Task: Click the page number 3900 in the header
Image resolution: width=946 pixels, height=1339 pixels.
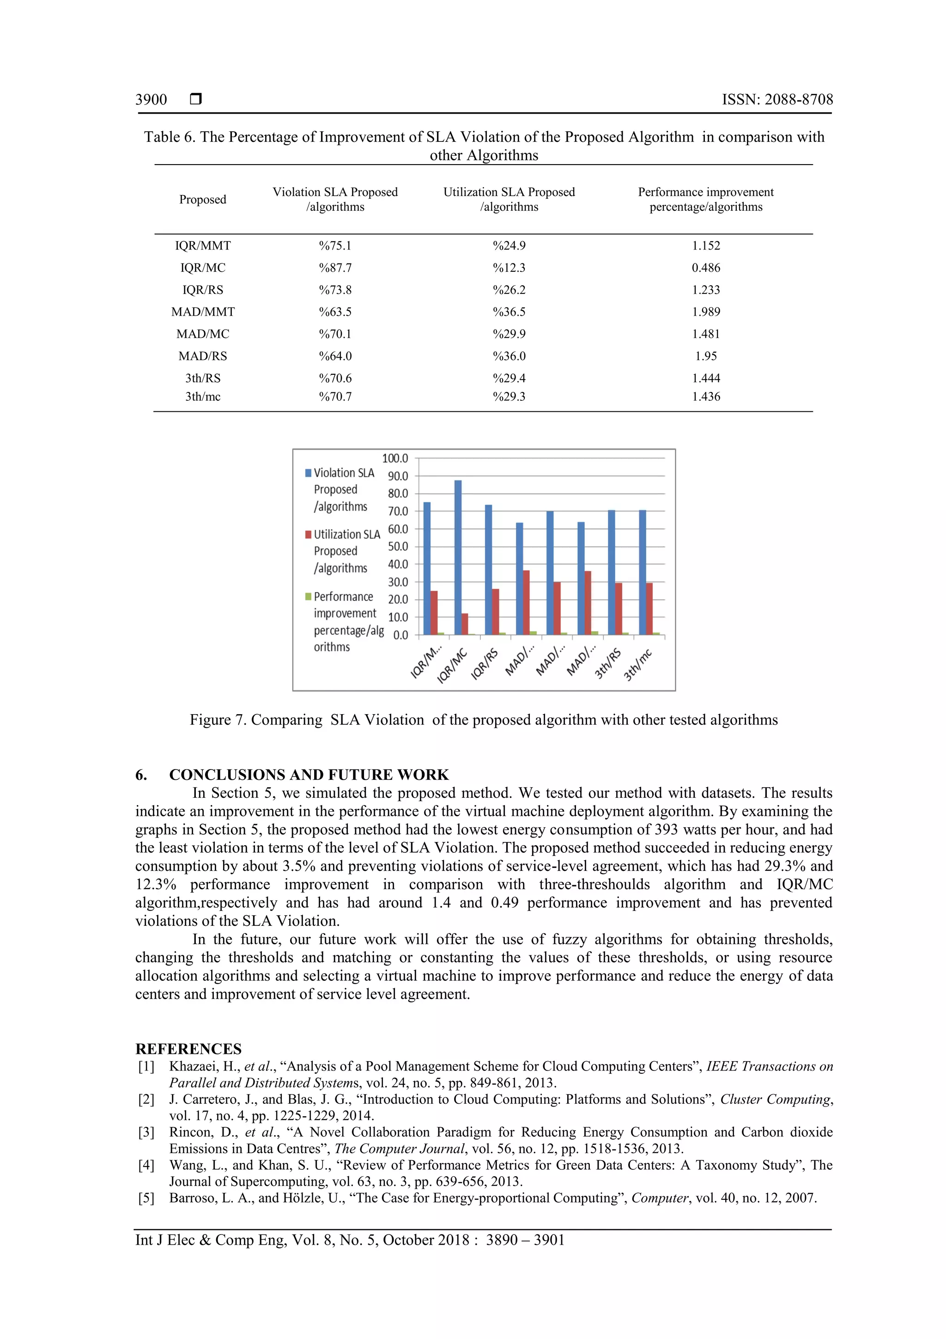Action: click(x=151, y=100)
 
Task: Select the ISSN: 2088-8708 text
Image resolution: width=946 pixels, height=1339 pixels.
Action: click(x=777, y=100)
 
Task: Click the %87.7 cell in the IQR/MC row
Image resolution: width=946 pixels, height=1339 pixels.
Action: click(x=335, y=268)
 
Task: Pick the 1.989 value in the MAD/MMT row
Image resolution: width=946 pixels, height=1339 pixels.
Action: click(x=706, y=312)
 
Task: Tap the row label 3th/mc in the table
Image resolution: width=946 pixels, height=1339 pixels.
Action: click(x=203, y=397)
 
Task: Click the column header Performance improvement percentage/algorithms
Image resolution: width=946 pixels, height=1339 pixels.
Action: click(x=706, y=200)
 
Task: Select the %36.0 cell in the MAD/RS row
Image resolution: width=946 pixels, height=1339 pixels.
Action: click(x=509, y=356)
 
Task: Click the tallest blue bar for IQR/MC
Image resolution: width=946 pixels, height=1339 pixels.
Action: click(x=458, y=557)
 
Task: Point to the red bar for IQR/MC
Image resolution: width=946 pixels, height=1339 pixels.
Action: click(x=465, y=624)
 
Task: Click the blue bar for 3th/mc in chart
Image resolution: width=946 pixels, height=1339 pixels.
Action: click(x=643, y=572)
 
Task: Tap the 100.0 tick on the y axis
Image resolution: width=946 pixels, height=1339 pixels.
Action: click(x=395, y=459)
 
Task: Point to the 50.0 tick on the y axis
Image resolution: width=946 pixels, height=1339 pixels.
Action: click(x=398, y=546)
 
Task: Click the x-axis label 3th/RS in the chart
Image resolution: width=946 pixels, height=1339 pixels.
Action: click(x=608, y=664)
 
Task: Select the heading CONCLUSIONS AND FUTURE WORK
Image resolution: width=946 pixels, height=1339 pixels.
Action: click(x=309, y=775)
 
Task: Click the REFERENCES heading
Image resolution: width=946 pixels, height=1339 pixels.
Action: click(x=188, y=1049)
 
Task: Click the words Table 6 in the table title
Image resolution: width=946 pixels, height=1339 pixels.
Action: click(x=169, y=137)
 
